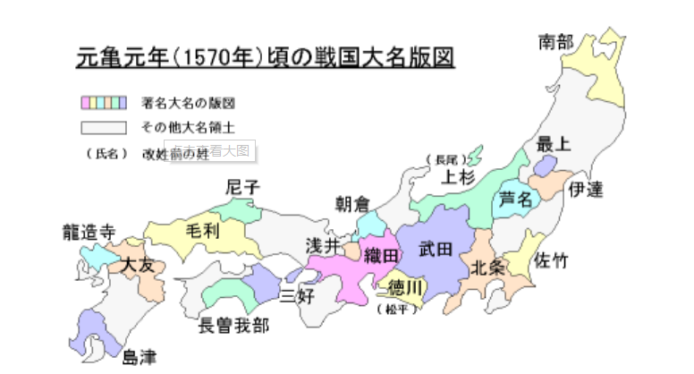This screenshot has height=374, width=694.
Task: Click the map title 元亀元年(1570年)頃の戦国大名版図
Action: pos(263,58)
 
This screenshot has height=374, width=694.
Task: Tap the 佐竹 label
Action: pos(550,259)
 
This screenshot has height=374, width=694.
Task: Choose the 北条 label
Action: pos(487,266)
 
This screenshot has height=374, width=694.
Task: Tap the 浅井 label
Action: pos(323,245)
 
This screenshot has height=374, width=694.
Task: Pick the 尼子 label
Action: pos(242,187)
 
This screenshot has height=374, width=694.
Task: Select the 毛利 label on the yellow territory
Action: pos(202,230)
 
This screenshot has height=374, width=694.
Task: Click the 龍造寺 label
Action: pos(88,231)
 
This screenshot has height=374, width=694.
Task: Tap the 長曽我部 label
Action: pos(233,324)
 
